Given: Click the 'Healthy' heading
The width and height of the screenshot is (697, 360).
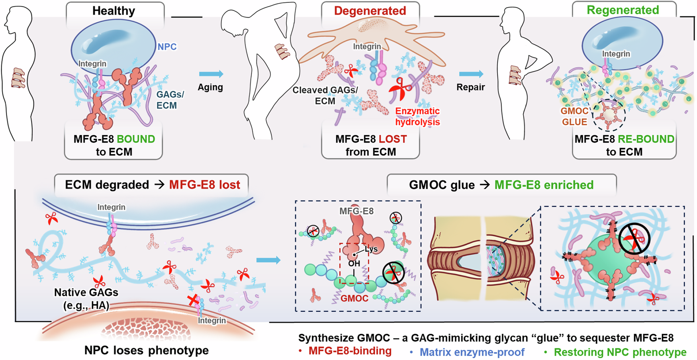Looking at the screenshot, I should point(114,11).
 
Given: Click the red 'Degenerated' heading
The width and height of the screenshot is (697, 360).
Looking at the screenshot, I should point(370,11).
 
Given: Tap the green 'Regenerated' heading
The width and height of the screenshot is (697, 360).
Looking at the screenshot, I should point(623,10).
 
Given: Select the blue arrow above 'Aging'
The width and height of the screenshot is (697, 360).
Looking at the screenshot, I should point(211,74).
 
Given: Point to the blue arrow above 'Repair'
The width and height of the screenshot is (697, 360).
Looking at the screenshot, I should point(471,74).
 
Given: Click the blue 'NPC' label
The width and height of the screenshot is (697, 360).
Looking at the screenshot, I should point(167,47).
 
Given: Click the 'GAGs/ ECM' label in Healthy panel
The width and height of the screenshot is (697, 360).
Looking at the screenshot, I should point(170,100).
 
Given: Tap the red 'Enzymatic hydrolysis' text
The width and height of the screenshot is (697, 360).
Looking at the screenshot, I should point(417,117).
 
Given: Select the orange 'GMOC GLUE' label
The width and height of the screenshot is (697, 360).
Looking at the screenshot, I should point(574,117).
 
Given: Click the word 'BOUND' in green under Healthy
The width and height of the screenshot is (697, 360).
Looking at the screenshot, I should point(136,139).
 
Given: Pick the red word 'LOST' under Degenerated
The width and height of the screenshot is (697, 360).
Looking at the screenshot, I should point(393,139).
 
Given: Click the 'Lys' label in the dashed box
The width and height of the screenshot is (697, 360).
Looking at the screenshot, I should point(371,249).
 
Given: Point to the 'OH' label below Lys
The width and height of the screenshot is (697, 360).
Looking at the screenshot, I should point(354,263).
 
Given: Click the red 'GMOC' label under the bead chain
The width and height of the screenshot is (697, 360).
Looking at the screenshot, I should point(354,298).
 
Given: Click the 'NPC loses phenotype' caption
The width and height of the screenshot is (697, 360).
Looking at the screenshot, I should point(146,350).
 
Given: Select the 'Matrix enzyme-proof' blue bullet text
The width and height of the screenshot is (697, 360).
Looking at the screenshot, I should point(472,352).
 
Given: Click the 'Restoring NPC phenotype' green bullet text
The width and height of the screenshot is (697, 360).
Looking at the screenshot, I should point(620,352).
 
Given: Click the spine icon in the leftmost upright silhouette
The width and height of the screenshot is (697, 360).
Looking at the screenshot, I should point(18,78).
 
